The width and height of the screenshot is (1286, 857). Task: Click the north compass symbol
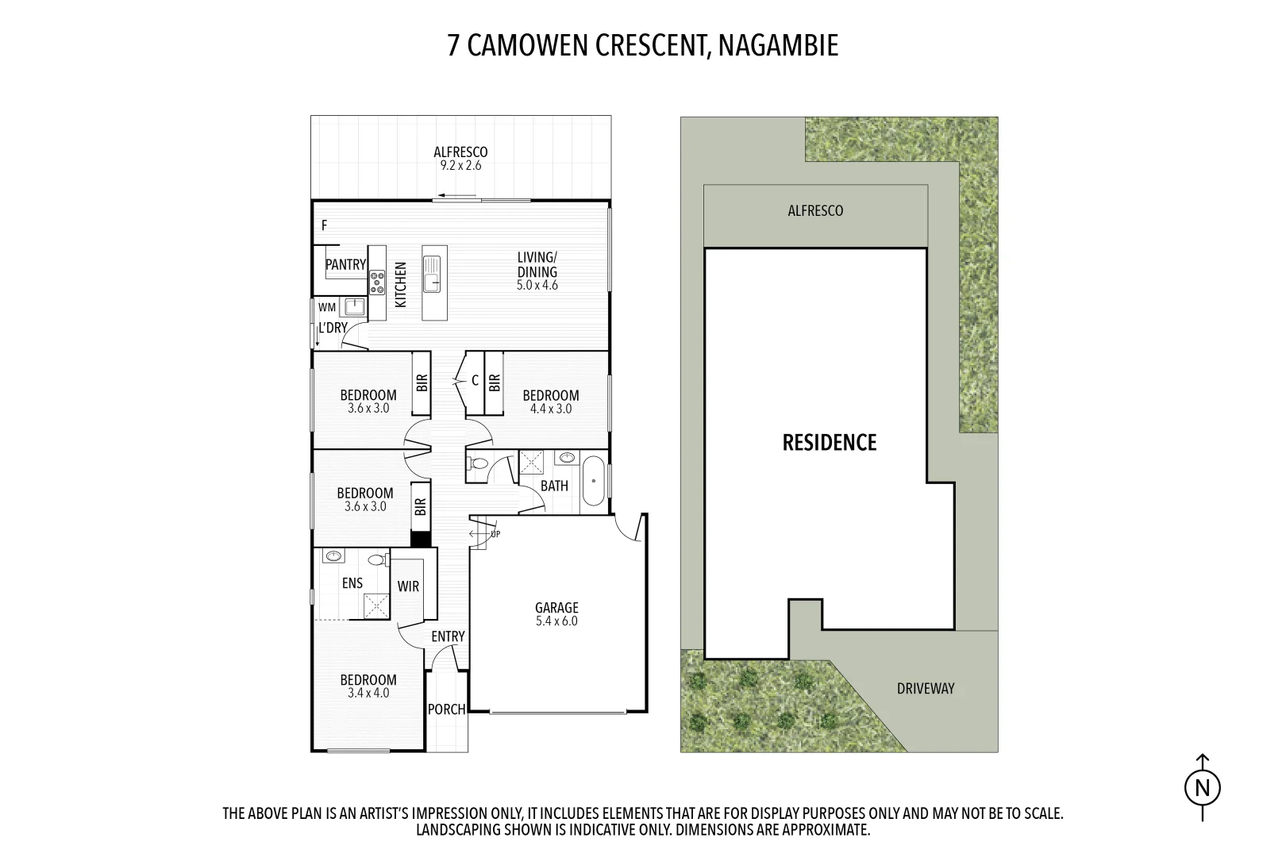pyautogui.click(x=1203, y=788)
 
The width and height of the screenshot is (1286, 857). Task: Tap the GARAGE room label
pyautogui.click(x=556, y=609)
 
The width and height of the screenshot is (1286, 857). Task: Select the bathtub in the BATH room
pyautogui.click(x=593, y=481)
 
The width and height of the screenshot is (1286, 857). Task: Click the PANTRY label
pyautogui.click(x=345, y=265)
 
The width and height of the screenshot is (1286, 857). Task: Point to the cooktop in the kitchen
pyautogui.click(x=377, y=281)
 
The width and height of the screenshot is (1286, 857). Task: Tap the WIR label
pyautogui.click(x=408, y=586)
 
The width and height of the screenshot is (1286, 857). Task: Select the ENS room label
pyautogui.click(x=352, y=583)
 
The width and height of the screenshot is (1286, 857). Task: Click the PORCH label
pyautogui.click(x=446, y=709)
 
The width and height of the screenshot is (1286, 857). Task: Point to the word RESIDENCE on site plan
pyautogui.click(x=830, y=442)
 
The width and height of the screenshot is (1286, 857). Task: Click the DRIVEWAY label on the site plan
pyautogui.click(x=926, y=688)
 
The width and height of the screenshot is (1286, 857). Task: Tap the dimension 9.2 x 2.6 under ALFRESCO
pyautogui.click(x=460, y=166)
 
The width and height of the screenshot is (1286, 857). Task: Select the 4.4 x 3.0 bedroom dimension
pyautogui.click(x=550, y=409)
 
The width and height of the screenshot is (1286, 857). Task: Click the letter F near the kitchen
pyautogui.click(x=324, y=226)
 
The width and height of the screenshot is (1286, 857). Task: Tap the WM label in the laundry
pyautogui.click(x=327, y=307)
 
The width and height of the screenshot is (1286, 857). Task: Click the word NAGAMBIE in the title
pyautogui.click(x=778, y=46)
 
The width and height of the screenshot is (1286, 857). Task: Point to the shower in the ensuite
pyautogui.click(x=376, y=606)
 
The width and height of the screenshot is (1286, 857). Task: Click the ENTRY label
pyautogui.click(x=448, y=636)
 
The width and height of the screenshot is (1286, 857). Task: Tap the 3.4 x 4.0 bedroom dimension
pyautogui.click(x=368, y=693)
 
